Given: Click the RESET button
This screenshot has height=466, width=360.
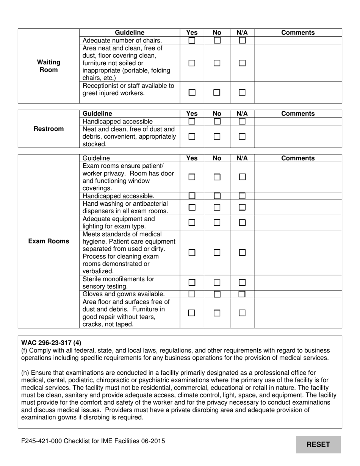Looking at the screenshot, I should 318,444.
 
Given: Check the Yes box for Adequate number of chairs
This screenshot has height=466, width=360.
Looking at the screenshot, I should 192,41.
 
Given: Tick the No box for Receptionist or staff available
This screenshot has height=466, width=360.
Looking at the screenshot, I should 217,92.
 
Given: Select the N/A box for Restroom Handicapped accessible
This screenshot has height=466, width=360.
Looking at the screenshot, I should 242,122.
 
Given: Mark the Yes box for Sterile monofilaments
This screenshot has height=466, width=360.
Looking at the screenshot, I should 192,283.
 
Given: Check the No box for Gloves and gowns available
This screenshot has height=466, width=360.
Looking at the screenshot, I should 217,294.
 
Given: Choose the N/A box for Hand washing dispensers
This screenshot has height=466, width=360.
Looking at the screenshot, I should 242,208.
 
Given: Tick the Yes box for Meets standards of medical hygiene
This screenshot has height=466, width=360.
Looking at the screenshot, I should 192,253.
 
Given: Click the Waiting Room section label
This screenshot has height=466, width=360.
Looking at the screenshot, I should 49,66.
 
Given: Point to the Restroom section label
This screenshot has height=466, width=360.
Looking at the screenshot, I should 49,129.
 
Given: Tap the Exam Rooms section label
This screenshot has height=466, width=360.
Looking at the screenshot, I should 49,241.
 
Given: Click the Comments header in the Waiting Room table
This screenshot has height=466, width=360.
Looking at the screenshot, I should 298,33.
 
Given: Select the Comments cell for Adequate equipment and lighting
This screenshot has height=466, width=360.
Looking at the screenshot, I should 298,223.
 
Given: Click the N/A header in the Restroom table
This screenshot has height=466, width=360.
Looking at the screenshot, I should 242,114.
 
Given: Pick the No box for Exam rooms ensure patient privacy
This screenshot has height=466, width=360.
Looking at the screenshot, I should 217,177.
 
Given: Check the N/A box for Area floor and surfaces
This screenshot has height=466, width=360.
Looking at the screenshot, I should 242,313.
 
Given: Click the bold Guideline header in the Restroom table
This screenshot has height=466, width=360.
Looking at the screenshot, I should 97,114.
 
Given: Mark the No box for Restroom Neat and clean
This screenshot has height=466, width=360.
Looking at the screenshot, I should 217,137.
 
